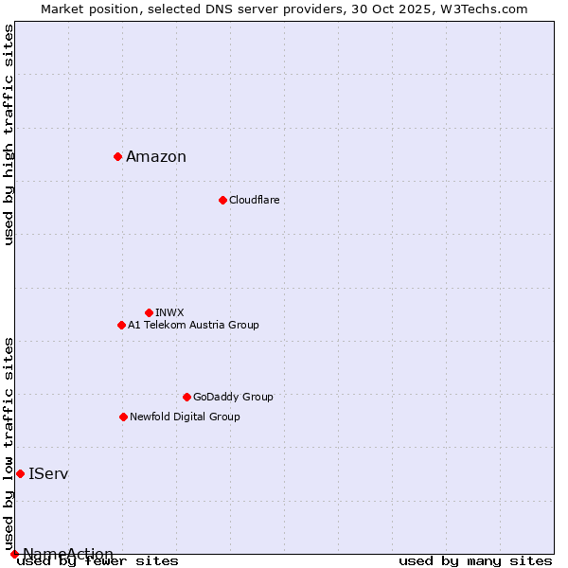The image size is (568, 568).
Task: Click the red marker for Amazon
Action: (x=117, y=156)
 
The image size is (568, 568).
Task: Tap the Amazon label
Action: (x=156, y=157)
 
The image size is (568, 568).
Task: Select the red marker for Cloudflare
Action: (x=222, y=200)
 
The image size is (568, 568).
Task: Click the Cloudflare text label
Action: (x=254, y=200)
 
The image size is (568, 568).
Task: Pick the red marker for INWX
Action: (x=149, y=312)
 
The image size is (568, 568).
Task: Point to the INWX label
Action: (x=169, y=312)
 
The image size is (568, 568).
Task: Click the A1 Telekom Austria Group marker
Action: (x=121, y=325)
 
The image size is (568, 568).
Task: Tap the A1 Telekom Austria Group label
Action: (x=193, y=325)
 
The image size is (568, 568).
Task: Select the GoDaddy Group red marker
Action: (x=186, y=397)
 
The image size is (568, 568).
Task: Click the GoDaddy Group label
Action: (x=233, y=397)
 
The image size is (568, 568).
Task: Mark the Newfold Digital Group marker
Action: (x=123, y=417)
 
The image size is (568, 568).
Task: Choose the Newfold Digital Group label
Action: (x=185, y=417)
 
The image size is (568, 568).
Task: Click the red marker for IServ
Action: (x=20, y=473)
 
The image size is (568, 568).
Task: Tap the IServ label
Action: (x=48, y=473)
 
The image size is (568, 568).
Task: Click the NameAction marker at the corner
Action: (x=14, y=554)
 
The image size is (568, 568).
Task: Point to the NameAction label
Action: (x=68, y=554)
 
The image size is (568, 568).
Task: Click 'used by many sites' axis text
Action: (x=475, y=561)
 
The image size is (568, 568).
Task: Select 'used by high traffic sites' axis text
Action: (x=9, y=134)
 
